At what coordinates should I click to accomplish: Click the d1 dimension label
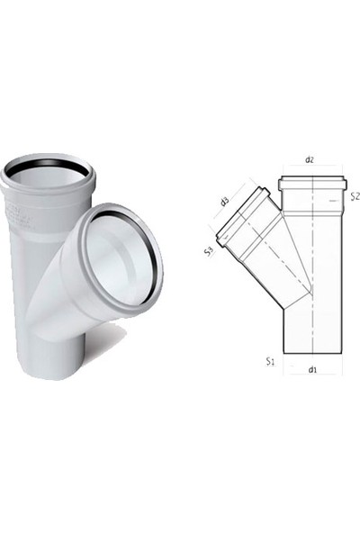(x=311, y=368)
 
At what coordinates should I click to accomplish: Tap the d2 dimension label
(x=310, y=159)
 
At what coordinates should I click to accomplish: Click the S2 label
(x=355, y=195)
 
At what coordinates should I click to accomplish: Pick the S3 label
(x=208, y=252)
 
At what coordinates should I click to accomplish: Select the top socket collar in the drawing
(x=311, y=185)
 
